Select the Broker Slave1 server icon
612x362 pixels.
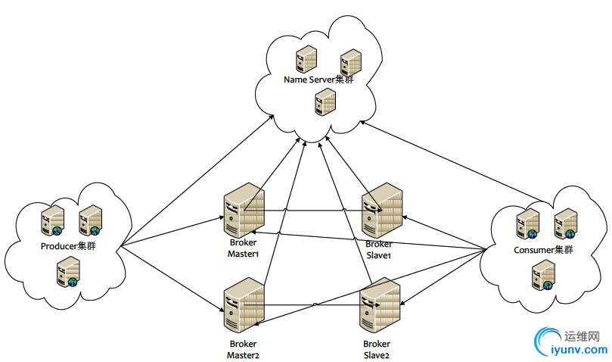click(381, 211)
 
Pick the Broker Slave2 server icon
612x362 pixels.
click(380, 307)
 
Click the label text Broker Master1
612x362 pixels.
click(244, 248)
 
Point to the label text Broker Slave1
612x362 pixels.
click(378, 250)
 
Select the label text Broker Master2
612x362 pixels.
click(244, 349)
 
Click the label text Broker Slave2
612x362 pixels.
click(376, 349)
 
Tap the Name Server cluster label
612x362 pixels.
click(318, 80)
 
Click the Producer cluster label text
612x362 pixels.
click(68, 246)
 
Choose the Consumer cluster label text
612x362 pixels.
click(543, 250)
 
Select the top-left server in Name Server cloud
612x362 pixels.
click(306, 59)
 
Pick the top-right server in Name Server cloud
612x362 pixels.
click(350, 63)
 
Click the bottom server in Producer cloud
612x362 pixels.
click(68, 271)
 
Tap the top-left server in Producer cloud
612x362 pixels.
click(52, 220)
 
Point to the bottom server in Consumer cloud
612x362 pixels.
click(543, 275)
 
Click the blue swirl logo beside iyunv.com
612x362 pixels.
click(547, 342)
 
